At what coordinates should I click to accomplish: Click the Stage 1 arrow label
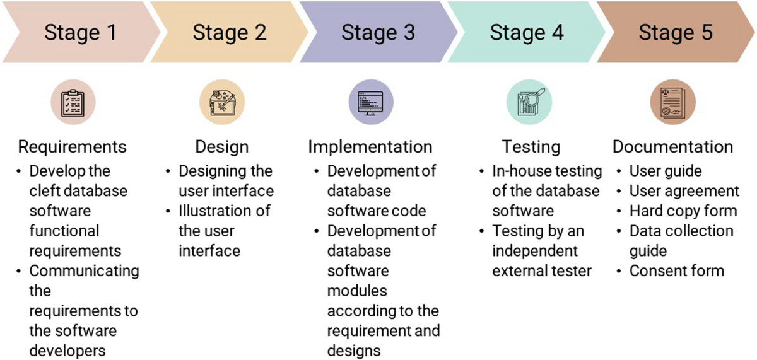pos(80,32)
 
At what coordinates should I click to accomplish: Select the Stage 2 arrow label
pos(229,32)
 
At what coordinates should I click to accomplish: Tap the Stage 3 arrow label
pos(378,32)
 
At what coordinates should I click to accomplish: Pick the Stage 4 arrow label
pos(527,32)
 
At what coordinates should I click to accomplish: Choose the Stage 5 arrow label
pos(676,32)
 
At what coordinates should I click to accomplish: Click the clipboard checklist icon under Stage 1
pos(73,102)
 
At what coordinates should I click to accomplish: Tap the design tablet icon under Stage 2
pos(221,102)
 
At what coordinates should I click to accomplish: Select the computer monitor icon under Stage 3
pos(370,102)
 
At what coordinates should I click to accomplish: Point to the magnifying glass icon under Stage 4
pos(530,102)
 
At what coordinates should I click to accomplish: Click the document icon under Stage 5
pos(672,102)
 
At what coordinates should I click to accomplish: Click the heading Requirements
pos(73,147)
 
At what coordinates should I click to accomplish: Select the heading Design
pos(221,147)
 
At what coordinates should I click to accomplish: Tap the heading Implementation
pos(370,147)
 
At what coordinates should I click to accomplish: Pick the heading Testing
pos(531,147)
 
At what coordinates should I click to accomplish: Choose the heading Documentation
pos(672,147)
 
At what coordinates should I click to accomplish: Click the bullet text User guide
pos(666,171)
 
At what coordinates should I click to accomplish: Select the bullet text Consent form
pos(677,271)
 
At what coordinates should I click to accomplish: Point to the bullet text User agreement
pos(684,191)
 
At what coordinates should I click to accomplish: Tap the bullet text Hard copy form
pos(683,211)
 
